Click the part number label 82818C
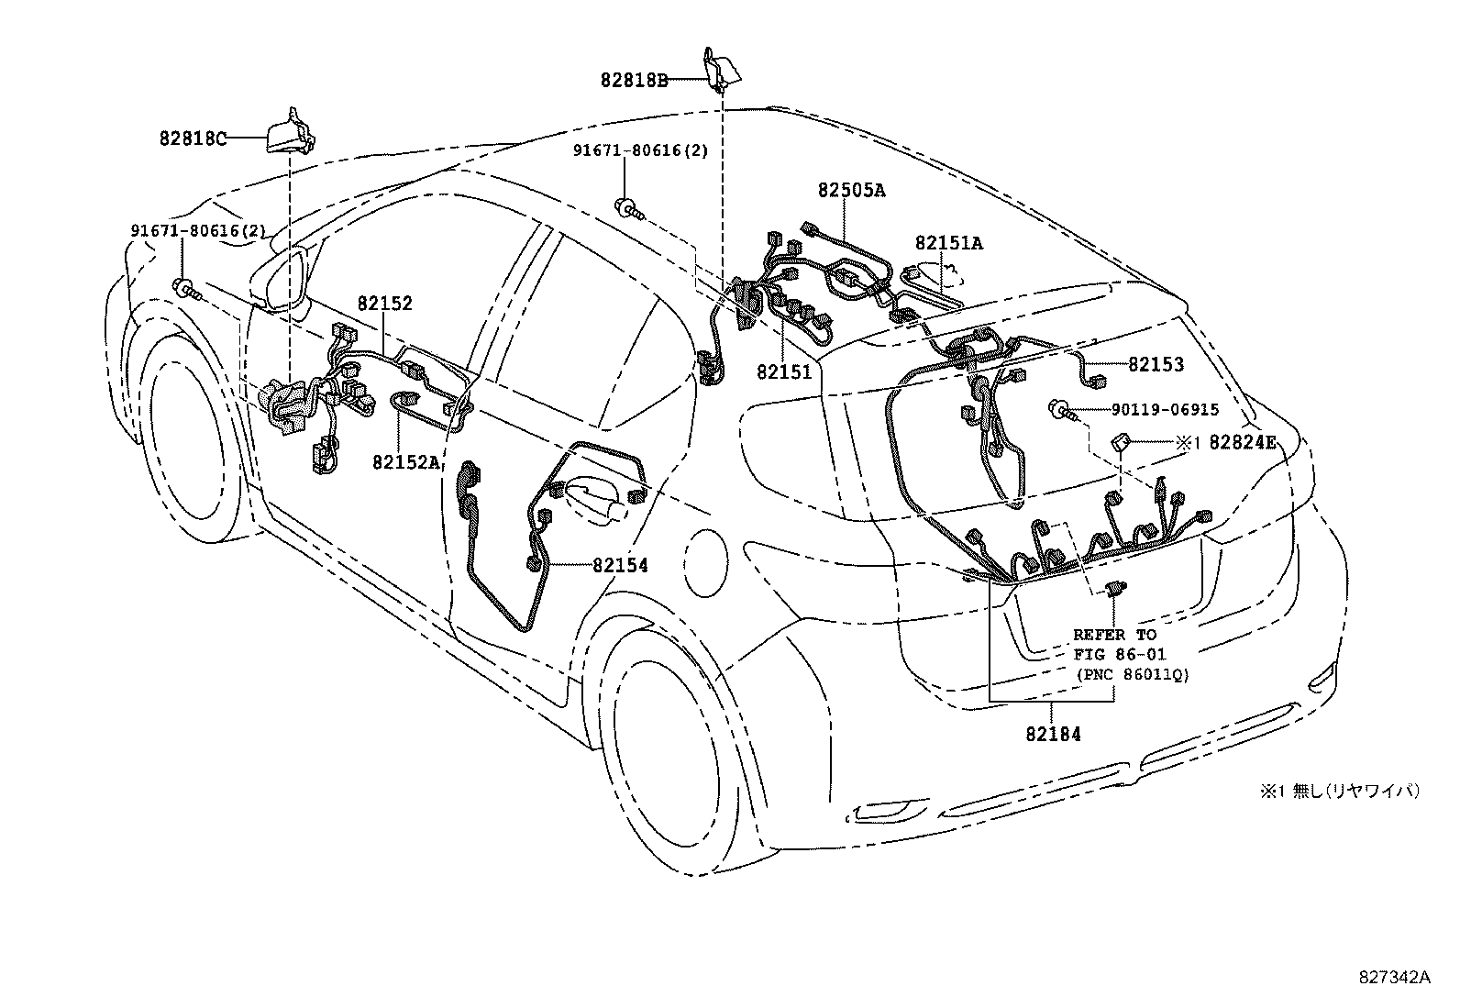point(192,139)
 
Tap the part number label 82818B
point(634,80)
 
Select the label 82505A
point(851,190)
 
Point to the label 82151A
point(948,243)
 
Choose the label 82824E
point(1242,442)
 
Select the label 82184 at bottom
point(1053,734)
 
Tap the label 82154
point(620,566)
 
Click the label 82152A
point(405,461)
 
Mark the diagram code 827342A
point(1394,978)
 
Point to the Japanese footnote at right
point(1340,791)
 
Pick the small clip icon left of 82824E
point(1121,442)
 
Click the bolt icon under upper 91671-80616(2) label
point(630,210)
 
